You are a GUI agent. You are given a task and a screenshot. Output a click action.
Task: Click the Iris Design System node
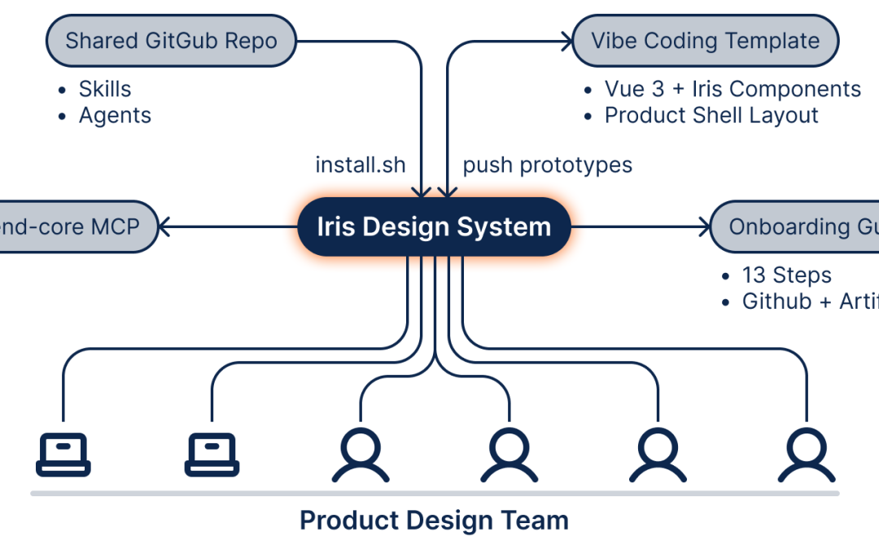click(433, 227)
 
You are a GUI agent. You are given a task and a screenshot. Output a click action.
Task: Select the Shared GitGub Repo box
click(171, 40)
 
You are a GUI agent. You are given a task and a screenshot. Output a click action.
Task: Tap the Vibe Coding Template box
click(705, 40)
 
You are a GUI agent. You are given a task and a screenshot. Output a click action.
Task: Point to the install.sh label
click(360, 165)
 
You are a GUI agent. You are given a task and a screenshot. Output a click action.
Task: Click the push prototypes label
click(547, 165)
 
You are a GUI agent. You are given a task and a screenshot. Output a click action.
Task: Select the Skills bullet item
click(104, 89)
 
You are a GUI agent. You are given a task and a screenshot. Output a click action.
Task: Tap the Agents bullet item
click(115, 116)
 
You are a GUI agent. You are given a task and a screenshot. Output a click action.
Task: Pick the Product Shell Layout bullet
click(711, 116)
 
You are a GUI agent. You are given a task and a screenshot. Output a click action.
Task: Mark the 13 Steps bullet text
click(786, 275)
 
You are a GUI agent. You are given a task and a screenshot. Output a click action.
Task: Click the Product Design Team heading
click(434, 520)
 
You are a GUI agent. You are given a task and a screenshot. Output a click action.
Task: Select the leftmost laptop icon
click(63, 454)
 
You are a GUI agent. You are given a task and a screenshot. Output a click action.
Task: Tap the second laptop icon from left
click(212, 454)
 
